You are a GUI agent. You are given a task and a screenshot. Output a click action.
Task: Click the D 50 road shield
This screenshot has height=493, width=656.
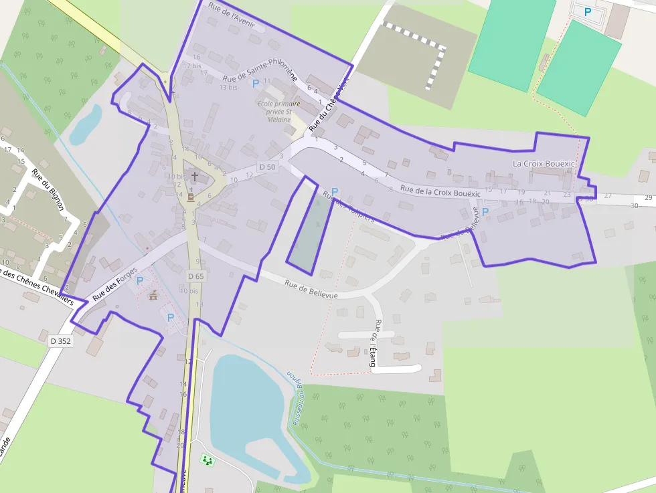click(x=267, y=167)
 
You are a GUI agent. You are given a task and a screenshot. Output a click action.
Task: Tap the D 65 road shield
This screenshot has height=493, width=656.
click(x=195, y=276)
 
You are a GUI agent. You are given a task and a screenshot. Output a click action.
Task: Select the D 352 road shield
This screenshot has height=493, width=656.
click(x=60, y=340)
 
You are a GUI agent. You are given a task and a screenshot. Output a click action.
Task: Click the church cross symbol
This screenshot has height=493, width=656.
click(x=195, y=177)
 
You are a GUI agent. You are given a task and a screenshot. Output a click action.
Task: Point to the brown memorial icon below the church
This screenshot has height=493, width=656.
click(x=191, y=197)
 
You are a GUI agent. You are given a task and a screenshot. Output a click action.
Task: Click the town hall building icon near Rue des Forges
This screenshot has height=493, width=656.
click(x=153, y=295)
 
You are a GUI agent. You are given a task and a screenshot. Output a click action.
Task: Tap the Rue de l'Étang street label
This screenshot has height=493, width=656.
click(x=374, y=343)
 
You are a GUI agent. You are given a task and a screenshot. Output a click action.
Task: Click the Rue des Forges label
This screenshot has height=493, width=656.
click(x=114, y=284)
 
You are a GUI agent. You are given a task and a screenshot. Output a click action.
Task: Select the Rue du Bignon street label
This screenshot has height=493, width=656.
click(x=48, y=189)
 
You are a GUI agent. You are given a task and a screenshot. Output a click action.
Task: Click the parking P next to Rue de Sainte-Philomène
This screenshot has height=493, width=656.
click(x=254, y=84)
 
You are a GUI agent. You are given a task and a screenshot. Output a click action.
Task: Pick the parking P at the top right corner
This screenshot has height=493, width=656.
click(x=588, y=11)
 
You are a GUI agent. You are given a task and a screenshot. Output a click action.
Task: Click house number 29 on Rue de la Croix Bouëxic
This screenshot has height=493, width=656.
click(x=648, y=197)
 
